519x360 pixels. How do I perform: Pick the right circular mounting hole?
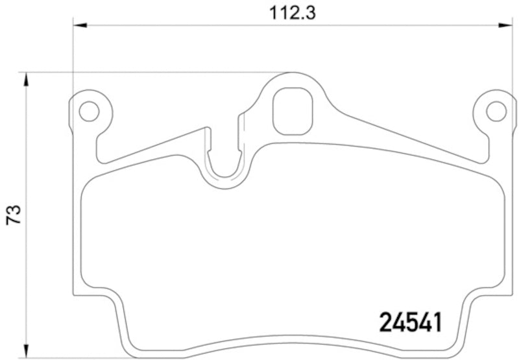[496, 112]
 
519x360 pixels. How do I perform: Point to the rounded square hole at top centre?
[293, 111]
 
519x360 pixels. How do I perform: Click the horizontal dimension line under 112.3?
[195, 25]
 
